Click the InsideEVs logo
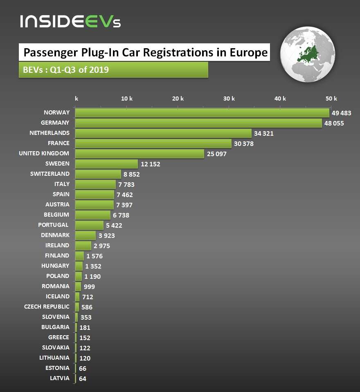[70, 21]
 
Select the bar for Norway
[202, 113]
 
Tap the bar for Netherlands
[163, 133]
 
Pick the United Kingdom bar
[139, 154]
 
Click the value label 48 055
[334, 123]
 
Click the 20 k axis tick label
[178, 99]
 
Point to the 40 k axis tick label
[280, 99]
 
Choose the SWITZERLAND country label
[50, 174]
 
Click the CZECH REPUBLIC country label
[47, 307]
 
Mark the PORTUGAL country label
[53, 225]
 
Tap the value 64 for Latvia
[82, 379]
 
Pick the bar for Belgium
[93, 215]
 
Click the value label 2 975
[101, 246]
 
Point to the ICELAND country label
[57, 296]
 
